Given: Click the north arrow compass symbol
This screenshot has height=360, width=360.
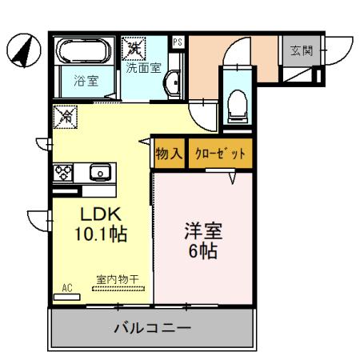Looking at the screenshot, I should [x=22, y=50].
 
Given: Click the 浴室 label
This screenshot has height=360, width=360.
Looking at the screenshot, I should [x=86, y=80].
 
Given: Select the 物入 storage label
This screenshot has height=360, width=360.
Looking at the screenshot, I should [x=170, y=153].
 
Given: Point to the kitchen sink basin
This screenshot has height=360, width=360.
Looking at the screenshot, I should [x=101, y=171].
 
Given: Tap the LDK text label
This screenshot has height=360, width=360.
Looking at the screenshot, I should [x=98, y=214].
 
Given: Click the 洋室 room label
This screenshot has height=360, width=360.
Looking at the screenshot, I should [x=204, y=230].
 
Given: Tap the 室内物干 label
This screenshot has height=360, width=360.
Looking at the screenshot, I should [x=118, y=279].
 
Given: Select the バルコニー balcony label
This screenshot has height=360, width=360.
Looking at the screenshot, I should [x=152, y=328].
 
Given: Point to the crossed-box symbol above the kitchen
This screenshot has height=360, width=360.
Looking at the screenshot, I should [x=64, y=117].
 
